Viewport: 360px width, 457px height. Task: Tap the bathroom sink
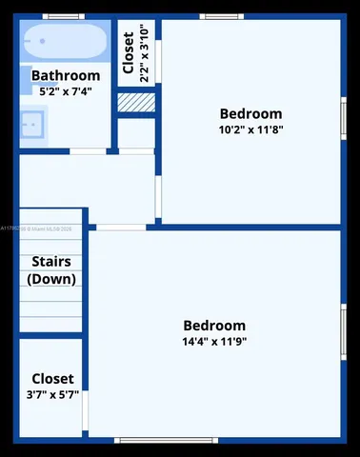31,123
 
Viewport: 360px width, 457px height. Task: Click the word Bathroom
66,75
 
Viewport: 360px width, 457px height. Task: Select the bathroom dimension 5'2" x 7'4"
66,91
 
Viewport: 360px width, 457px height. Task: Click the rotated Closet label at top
129,54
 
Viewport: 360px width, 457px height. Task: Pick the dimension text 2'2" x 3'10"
145,54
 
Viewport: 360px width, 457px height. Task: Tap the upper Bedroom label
250,112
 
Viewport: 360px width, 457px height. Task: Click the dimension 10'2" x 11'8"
250,129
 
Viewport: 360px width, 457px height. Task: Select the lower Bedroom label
214,325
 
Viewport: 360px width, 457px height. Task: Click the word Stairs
51,262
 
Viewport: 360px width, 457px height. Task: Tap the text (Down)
51,279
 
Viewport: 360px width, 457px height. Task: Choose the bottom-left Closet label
51,378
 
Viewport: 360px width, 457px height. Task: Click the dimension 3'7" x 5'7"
51,394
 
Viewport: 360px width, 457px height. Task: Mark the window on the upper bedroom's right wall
343,119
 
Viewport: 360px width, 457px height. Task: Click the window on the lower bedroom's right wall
343,331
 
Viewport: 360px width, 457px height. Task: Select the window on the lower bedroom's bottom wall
167,440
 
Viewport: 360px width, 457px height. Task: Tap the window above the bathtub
63,16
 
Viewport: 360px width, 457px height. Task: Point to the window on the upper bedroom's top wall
222,16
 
